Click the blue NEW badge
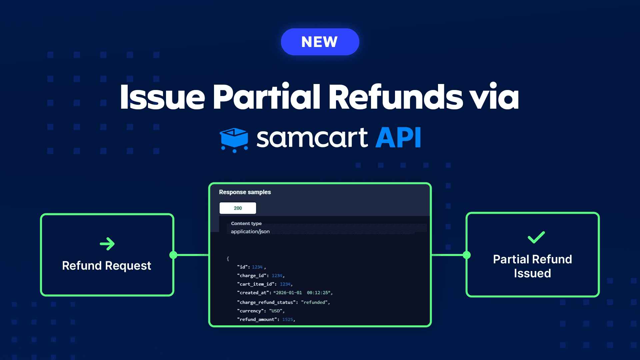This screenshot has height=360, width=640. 320,42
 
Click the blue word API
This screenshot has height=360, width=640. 398,138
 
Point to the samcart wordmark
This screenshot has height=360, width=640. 312,138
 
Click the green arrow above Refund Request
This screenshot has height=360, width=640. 107,244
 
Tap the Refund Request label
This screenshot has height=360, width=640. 107,266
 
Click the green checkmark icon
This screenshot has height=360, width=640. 536,237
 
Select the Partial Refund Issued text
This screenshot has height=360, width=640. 532,266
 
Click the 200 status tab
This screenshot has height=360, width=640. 238,208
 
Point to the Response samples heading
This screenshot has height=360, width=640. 245,192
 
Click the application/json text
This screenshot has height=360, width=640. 250,231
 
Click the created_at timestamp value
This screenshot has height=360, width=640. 303,293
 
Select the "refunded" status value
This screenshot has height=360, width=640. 315,302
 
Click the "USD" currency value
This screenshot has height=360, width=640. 276,311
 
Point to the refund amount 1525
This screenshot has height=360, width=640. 288,319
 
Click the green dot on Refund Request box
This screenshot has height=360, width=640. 173,255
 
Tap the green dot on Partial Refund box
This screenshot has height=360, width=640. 467,255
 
